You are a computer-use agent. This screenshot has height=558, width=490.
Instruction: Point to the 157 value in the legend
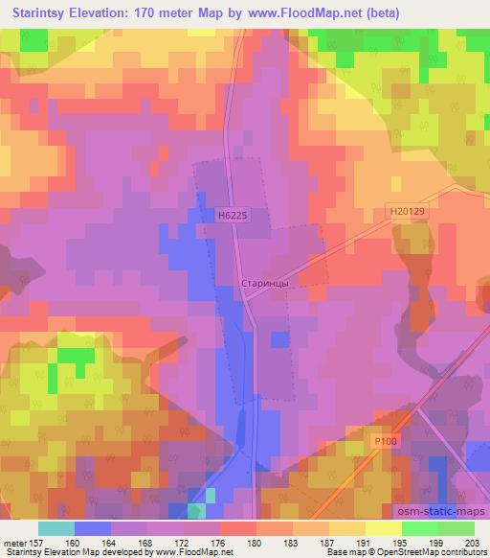[34, 543]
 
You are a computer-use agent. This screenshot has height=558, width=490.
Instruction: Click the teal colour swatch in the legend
[56, 528]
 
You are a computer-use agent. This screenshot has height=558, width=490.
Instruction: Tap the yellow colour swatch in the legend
[383, 528]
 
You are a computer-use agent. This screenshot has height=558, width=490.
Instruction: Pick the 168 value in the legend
[146, 543]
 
